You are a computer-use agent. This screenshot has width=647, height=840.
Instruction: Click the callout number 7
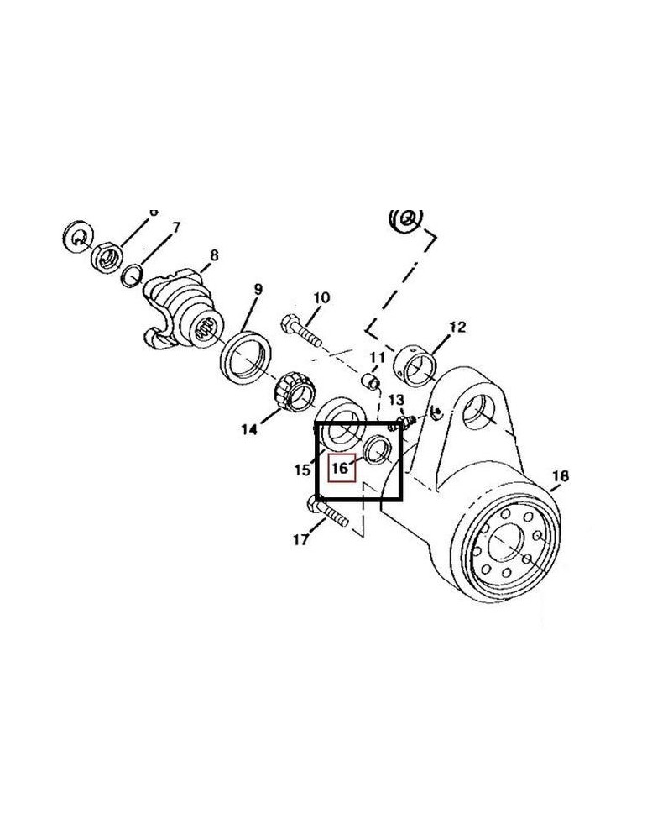click(x=175, y=228)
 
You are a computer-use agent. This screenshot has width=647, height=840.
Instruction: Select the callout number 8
click(x=214, y=255)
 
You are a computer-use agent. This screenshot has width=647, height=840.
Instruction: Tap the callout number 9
click(x=258, y=290)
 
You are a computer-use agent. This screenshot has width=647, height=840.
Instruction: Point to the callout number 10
click(x=321, y=297)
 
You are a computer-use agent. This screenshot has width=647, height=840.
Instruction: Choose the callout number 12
click(x=457, y=328)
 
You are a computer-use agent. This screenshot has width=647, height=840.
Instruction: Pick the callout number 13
click(x=396, y=399)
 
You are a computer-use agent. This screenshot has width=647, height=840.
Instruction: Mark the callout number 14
click(x=248, y=430)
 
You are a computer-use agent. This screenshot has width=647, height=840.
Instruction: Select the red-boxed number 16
click(x=341, y=467)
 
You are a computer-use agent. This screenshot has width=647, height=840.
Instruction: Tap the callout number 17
click(x=300, y=540)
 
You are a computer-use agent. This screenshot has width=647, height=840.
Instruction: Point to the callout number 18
click(x=560, y=477)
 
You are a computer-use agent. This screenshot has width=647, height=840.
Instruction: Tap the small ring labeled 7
click(x=130, y=275)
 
